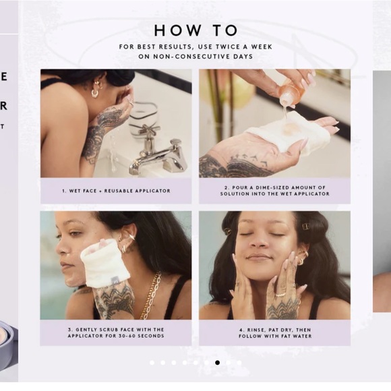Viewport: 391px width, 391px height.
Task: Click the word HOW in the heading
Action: tap(178, 30)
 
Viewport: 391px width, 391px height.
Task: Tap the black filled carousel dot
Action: tap(218, 363)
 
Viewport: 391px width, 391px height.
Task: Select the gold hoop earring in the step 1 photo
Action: tap(95, 94)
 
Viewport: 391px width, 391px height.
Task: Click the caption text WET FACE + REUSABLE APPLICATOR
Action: tap(116, 191)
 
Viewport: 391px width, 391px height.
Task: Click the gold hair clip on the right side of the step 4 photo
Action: tap(306, 227)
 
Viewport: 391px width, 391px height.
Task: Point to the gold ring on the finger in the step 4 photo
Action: tap(281, 295)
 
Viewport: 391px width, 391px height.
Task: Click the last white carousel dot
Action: tap(239, 363)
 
